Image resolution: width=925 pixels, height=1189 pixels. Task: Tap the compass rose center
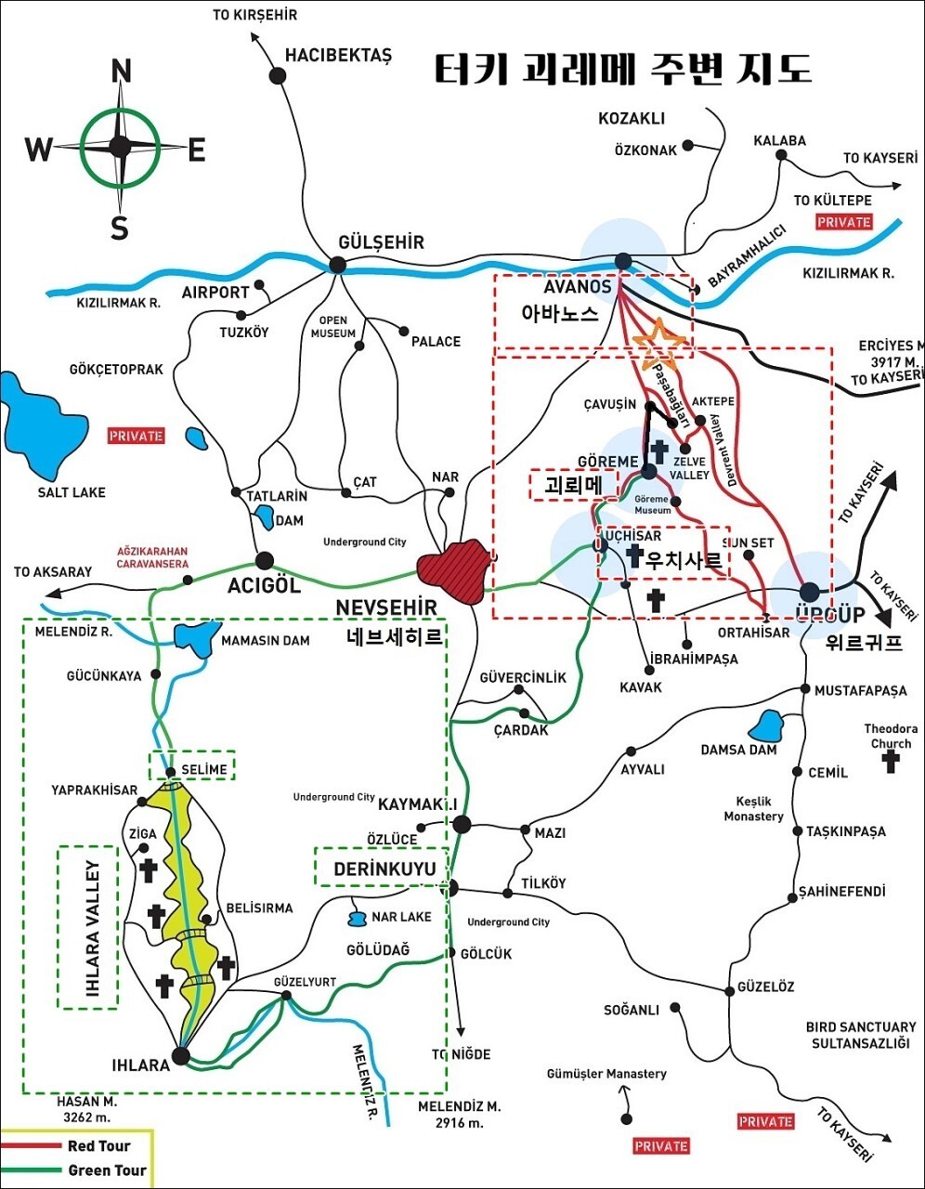[120, 146]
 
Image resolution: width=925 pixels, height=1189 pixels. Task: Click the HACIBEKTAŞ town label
[338, 55]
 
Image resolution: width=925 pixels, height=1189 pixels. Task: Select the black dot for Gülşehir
[337, 265]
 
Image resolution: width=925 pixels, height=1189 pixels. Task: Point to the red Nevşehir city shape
[452, 568]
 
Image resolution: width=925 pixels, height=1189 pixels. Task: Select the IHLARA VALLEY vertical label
[89, 926]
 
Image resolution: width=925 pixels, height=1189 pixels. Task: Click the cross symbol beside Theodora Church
[891, 762]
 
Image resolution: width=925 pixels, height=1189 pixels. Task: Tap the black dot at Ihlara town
[181, 1055]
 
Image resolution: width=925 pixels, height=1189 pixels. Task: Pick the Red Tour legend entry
[98, 1145]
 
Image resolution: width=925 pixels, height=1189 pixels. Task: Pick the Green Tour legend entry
[106, 1170]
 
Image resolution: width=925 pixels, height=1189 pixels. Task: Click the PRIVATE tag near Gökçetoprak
[136, 435]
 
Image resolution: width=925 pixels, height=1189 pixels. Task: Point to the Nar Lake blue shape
[356, 919]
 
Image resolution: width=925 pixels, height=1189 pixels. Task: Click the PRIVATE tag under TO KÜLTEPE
[844, 222]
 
